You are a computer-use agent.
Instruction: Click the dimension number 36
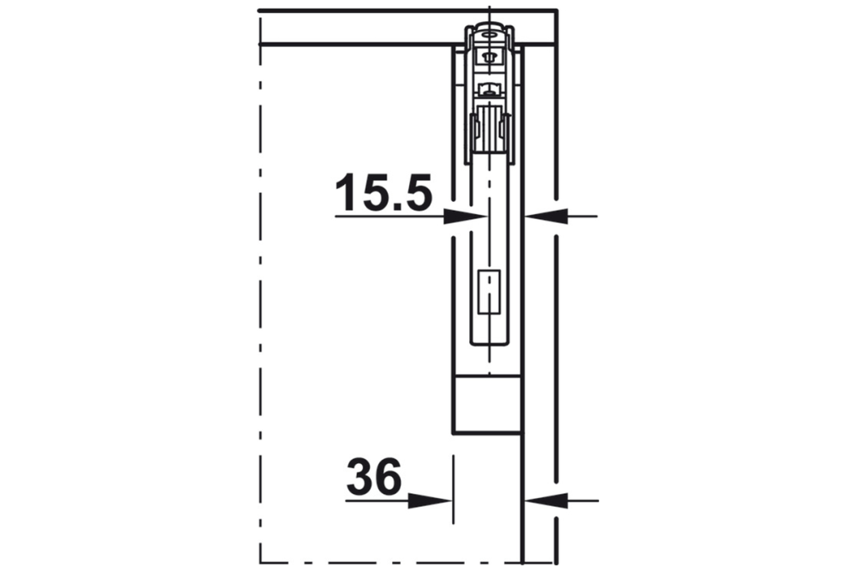tap(374, 477)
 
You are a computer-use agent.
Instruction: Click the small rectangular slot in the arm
tap(489, 293)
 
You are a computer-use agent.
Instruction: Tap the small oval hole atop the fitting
tap(489, 34)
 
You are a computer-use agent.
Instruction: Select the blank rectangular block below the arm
tap(487, 405)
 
